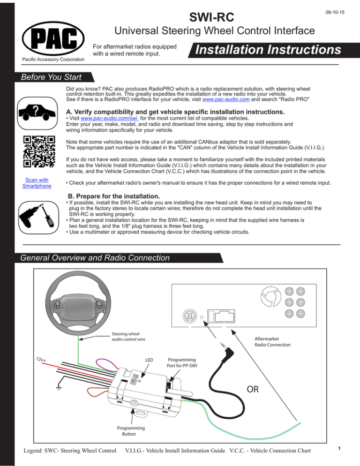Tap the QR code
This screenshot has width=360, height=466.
[x=39, y=151]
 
